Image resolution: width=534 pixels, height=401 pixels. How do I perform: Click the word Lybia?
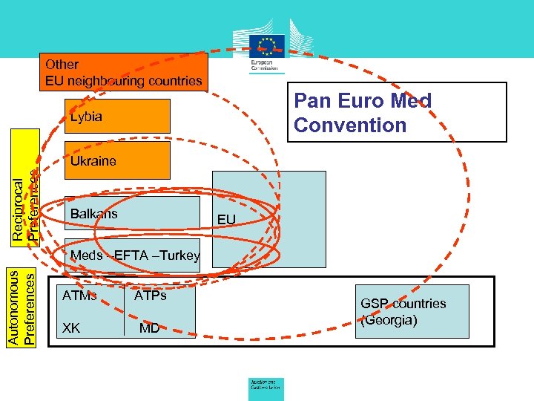(86, 117)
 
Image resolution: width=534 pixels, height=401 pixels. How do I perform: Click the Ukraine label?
(93, 161)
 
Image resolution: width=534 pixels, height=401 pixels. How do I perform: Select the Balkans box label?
(93, 215)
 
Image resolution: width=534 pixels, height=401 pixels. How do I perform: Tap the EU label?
(226, 220)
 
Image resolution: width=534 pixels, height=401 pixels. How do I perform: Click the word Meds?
(86, 256)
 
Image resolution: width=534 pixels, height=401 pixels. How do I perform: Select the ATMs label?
(79, 296)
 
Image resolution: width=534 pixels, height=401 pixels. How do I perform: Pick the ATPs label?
(150, 296)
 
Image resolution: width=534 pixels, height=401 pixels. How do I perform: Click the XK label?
(71, 327)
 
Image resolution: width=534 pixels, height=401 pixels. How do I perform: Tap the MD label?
(149, 327)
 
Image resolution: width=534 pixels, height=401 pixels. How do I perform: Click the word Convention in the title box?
(350, 125)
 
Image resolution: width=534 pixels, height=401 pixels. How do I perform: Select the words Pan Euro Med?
(363, 101)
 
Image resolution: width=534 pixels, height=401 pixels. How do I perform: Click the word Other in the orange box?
(62, 65)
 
